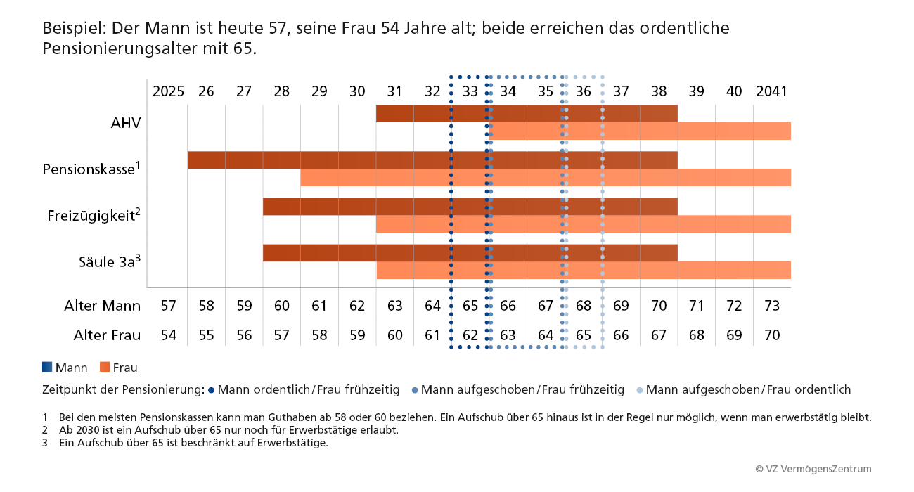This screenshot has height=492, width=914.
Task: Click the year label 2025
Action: [x=168, y=92]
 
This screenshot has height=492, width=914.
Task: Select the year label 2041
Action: [x=771, y=92]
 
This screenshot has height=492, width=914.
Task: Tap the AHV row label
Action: [x=126, y=123]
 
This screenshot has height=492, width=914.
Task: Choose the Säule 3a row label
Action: [x=110, y=262]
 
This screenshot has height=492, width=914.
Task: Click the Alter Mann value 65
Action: [x=470, y=306]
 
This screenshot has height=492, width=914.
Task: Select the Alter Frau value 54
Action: [x=168, y=335]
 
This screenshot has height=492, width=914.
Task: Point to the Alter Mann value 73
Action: [x=772, y=306]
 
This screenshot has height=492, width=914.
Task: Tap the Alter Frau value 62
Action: [x=470, y=335]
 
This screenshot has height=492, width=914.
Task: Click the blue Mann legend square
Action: [x=47, y=367]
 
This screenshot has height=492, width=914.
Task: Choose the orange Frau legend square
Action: [x=105, y=367]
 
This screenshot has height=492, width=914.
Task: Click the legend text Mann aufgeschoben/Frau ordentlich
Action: [x=748, y=389]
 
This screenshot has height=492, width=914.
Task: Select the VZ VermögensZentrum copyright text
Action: [x=813, y=469]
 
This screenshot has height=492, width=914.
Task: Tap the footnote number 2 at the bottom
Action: [x=45, y=430]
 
